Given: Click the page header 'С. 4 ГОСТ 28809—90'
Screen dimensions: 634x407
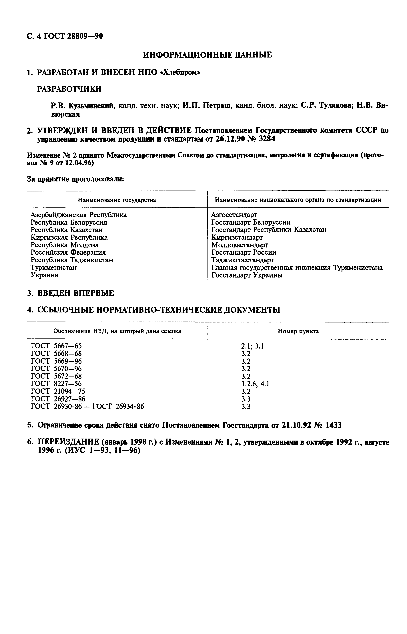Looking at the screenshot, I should pyautogui.click(x=65, y=36).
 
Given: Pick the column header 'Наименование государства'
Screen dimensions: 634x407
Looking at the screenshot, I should pyautogui.click(x=117, y=200).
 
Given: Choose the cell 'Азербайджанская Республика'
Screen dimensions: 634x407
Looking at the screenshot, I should pyautogui.click(x=79, y=215).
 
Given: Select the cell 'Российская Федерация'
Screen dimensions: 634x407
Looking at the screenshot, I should pyautogui.click(x=68, y=252).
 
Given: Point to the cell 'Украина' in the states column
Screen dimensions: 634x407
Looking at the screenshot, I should pyautogui.click(x=44, y=275).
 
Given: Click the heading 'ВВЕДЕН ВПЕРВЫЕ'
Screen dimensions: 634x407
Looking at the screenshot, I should pyautogui.click(x=76, y=293).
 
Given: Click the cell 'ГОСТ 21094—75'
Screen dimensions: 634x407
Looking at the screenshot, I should pyautogui.click(x=58, y=391).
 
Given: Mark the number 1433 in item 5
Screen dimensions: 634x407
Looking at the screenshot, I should pyautogui.click(x=333, y=425).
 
